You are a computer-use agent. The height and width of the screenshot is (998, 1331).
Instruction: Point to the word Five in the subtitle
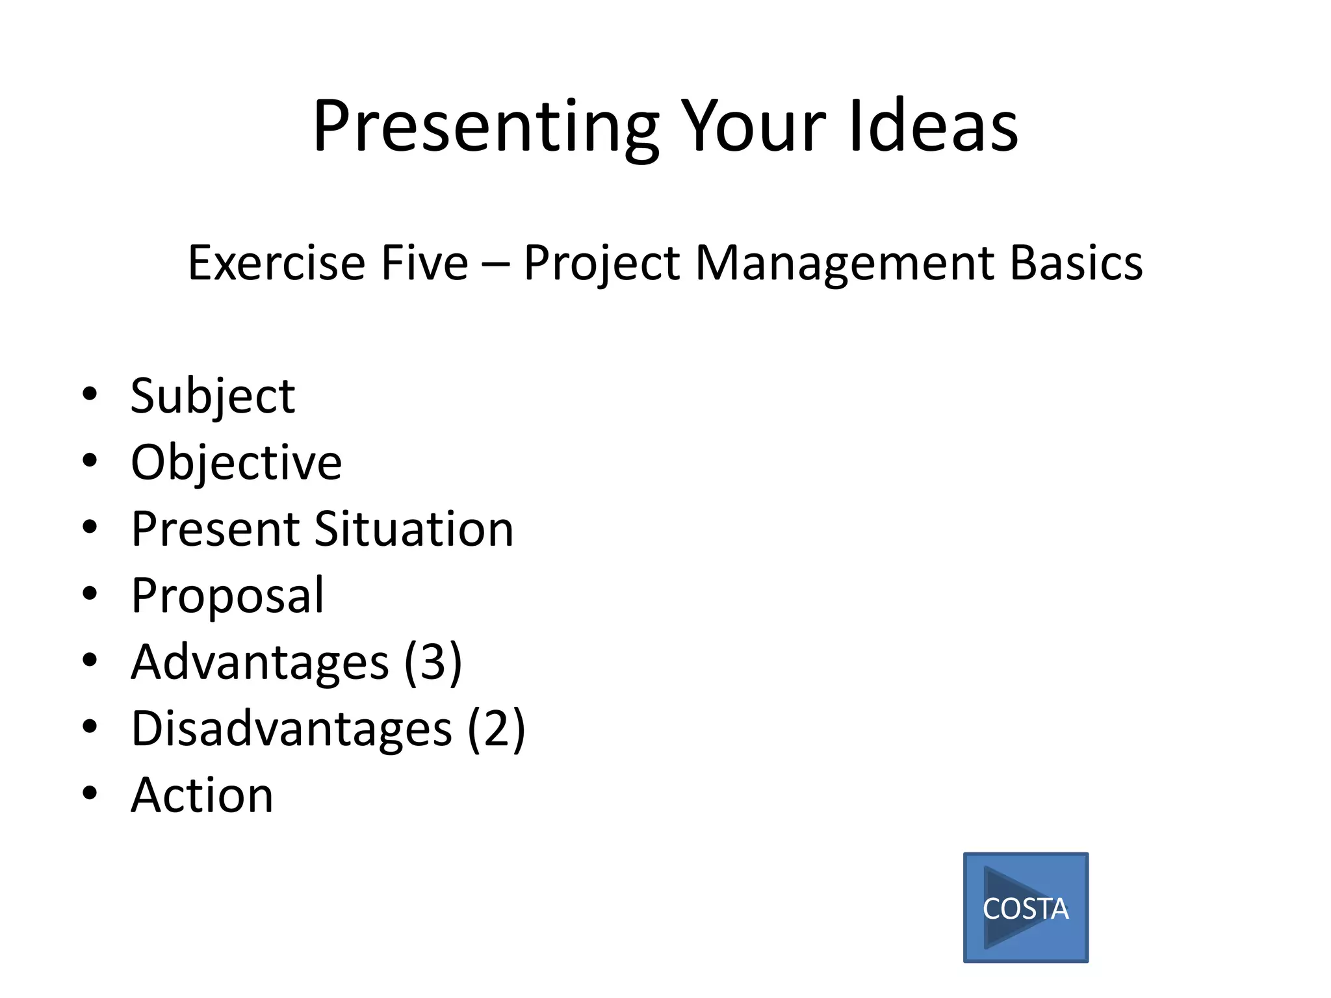(424, 263)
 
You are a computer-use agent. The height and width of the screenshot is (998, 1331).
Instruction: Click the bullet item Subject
(213, 396)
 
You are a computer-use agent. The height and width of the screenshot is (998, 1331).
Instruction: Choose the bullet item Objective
(236, 463)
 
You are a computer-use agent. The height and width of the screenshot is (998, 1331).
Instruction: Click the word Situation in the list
(414, 529)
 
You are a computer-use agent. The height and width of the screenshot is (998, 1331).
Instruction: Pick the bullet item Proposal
(227, 596)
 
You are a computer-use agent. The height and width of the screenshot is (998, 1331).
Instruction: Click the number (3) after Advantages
(433, 662)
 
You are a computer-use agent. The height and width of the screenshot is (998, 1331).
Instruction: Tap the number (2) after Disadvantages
(496, 729)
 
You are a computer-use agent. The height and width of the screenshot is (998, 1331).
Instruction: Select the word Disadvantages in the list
(291, 729)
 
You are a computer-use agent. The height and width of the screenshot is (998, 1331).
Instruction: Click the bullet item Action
(202, 795)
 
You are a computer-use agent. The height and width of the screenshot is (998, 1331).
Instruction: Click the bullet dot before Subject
(90, 393)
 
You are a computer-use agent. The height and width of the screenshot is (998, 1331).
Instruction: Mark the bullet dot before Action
(90, 793)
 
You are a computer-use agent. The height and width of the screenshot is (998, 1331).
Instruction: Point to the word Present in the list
(214, 529)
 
